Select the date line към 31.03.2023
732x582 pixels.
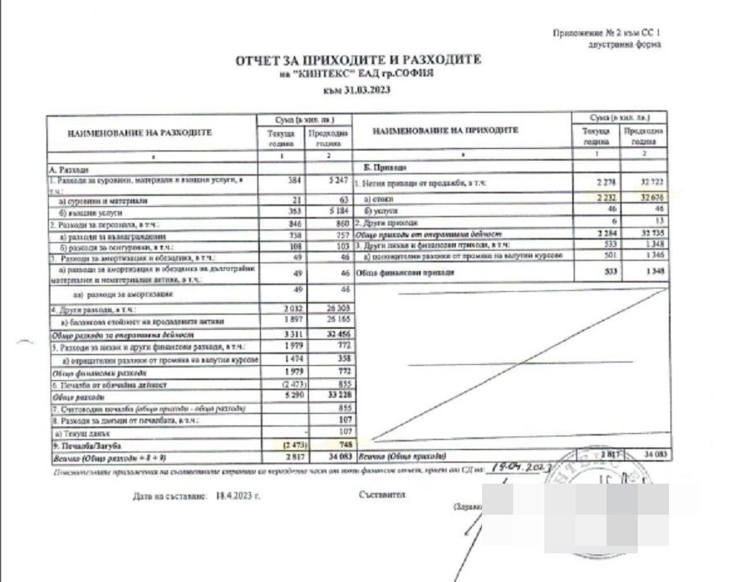click(358, 89)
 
